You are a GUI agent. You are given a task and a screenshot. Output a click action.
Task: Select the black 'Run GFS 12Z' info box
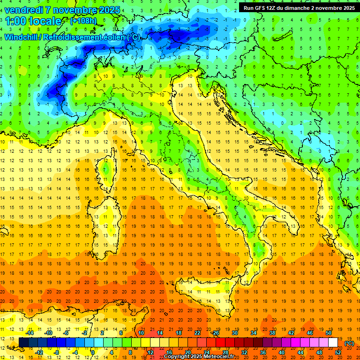299,8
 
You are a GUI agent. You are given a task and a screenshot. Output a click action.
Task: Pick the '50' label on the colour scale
328,333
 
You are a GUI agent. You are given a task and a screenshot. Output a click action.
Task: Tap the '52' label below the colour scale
337,352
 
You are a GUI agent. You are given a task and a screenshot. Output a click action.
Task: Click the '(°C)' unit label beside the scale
349,343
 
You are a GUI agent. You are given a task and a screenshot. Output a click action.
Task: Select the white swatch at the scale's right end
333,343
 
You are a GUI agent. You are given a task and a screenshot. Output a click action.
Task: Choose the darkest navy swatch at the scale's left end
23,343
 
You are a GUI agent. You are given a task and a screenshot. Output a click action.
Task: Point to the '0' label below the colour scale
93,352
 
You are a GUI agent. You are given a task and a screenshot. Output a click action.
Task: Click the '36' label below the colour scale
262,352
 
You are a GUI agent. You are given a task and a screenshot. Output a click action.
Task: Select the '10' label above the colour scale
141,333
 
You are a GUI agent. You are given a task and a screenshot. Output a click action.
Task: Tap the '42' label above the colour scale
291,333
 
